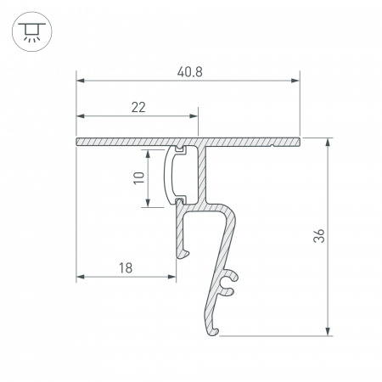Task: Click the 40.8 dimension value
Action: click(188, 72)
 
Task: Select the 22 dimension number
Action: click(138, 107)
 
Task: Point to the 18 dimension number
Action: click(126, 268)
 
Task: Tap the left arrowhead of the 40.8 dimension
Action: click(81, 81)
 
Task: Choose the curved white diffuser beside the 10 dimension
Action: click(170, 175)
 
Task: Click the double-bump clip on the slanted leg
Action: click(228, 284)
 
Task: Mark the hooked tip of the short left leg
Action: click(181, 251)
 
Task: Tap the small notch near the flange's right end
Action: click(271, 145)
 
